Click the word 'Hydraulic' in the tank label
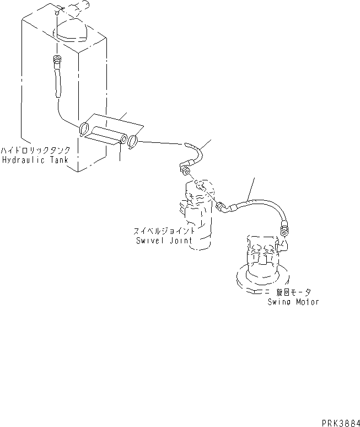(22, 161)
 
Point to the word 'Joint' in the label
(180, 241)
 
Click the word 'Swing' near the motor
(280, 302)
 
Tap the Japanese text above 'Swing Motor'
(294, 292)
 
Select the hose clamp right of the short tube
(133, 142)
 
